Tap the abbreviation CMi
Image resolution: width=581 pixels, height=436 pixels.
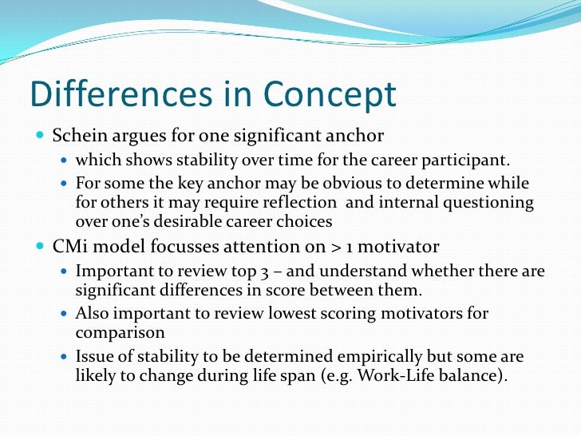70,246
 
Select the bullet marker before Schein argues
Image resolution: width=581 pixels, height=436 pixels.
40,134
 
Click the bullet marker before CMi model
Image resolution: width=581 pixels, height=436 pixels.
40,246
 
